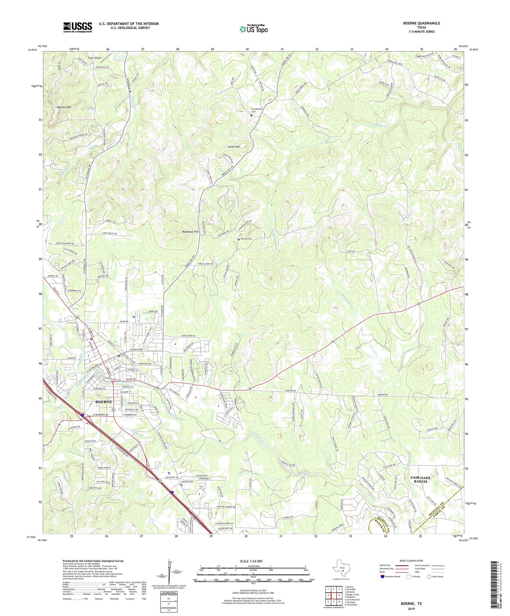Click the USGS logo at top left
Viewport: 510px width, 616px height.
coord(78,27)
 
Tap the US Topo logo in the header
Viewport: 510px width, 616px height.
coord(253,29)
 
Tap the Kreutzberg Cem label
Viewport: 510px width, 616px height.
coord(257,110)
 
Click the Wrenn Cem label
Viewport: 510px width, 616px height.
coord(246,239)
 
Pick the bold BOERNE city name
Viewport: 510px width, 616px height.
coord(104,402)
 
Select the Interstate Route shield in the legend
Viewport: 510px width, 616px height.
coord(383,576)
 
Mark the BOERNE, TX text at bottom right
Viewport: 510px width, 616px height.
coord(411,604)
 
